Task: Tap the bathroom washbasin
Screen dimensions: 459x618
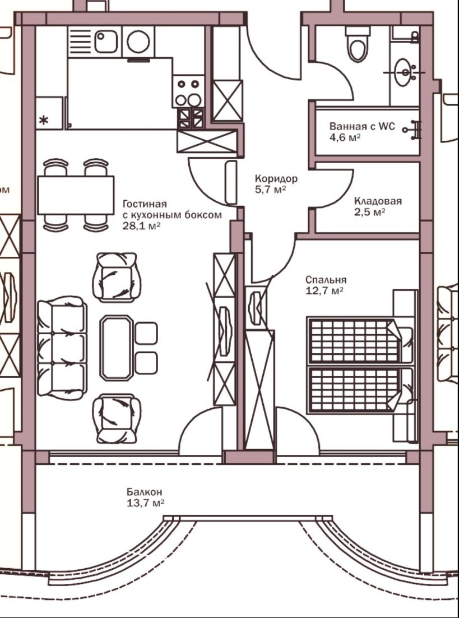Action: pos(403,72)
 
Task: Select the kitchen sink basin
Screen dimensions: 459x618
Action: pos(105,41)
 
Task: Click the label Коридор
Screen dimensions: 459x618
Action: pos(276,178)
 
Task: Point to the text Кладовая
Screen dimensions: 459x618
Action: pos(378,201)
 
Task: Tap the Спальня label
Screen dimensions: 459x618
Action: pos(326,280)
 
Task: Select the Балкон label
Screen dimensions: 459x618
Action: pos(144,492)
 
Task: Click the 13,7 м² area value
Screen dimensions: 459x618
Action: pos(145,503)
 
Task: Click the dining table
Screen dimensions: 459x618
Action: pos(76,195)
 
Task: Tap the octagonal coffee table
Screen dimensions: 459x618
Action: pos(116,348)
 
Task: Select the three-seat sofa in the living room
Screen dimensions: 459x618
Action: pos(62,348)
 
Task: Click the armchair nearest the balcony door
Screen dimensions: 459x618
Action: pos(117,418)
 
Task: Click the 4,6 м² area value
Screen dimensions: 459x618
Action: pos(346,137)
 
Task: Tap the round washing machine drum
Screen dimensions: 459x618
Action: pos(138,41)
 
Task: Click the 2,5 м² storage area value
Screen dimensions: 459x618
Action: pos(369,212)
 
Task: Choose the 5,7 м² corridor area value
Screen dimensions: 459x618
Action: pos(270,190)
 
